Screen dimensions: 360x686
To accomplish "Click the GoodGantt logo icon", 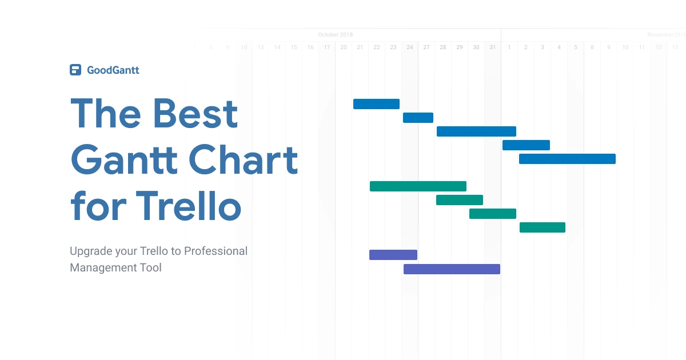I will pyautogui.click(x=75, y=70).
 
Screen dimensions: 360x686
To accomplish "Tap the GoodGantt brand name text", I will pyautogui.click(x=113, y=70).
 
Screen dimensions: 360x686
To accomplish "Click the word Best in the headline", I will pyautogui.click(x=196, y=113).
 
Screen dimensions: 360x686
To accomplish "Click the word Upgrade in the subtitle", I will pyautogui.click(x=90, y=251).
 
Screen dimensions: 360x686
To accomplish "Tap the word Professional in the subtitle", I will pyautogui.click(x=216, y=251).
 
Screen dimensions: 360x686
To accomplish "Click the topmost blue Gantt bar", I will pyautogui.click(x=376, y=104).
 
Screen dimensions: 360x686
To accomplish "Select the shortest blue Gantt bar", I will pyautogui.click(x=418, y=118).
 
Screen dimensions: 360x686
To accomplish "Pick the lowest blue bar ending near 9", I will pyautogui.click(x=567, y=159).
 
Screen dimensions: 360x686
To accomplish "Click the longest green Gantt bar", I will pyautogui.click(x=418, y=186).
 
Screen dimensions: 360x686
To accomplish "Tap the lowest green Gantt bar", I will pyautogui.click(x=542, y=227).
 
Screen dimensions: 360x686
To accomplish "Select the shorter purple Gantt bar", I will pyautogui.click(x=393, y=255).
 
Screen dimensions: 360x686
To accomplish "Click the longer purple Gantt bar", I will pyautogui.click(x=452, y=269).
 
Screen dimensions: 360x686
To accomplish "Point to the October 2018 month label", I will pyautogui.click(x=336, y=35).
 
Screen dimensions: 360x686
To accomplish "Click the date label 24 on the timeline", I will pyautogui.click(x=410, y=47).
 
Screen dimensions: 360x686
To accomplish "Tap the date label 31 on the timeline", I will pyautogui.click(x=493, y=47).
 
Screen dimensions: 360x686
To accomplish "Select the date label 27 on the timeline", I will pyautogui.click(x=426, y=47).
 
